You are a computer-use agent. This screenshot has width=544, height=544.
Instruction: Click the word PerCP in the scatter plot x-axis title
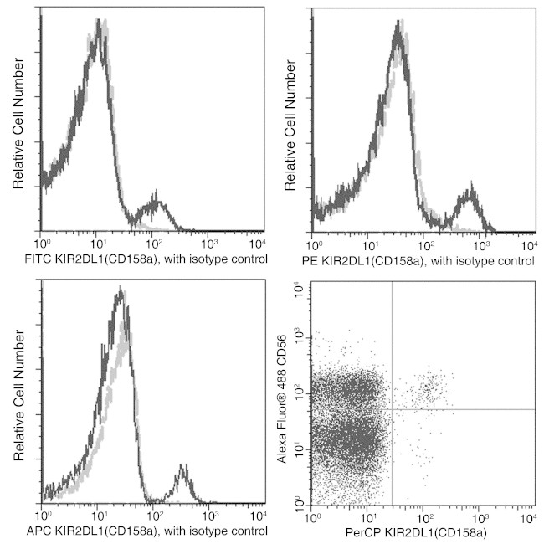pos(373,531)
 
